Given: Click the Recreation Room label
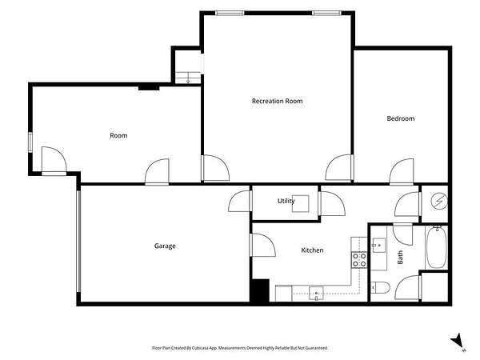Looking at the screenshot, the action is [x=277, y=101].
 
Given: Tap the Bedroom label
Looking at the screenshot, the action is [x=401, y=118].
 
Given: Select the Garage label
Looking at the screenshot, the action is [x=165, y=246].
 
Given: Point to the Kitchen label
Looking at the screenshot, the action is [x=312, y=250].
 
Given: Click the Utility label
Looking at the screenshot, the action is [x=286, y=201].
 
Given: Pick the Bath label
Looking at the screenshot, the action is [x=400, y=258].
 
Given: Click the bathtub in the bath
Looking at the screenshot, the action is [x=437, y=247].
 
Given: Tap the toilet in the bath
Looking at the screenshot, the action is [x=381, y=288].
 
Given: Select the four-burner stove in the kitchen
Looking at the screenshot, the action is [x=359, y=259].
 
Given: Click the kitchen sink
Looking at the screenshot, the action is [x=316, y=294].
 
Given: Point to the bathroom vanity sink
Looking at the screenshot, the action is [x=378, y=246].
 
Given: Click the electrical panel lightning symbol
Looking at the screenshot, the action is [x=439, y=201].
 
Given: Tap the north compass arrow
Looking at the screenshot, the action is [x=457, y=341].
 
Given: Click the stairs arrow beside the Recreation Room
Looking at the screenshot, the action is [x=188, y=78].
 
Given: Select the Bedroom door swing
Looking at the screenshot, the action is [x=402, y=172].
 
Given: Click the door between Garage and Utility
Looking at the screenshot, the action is [x=240, y=201].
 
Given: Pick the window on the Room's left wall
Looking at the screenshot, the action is [x=30, y=142].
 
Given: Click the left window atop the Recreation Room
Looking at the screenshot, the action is [x=230, y=13].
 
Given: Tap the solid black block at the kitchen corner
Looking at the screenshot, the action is [x=259, y=290].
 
